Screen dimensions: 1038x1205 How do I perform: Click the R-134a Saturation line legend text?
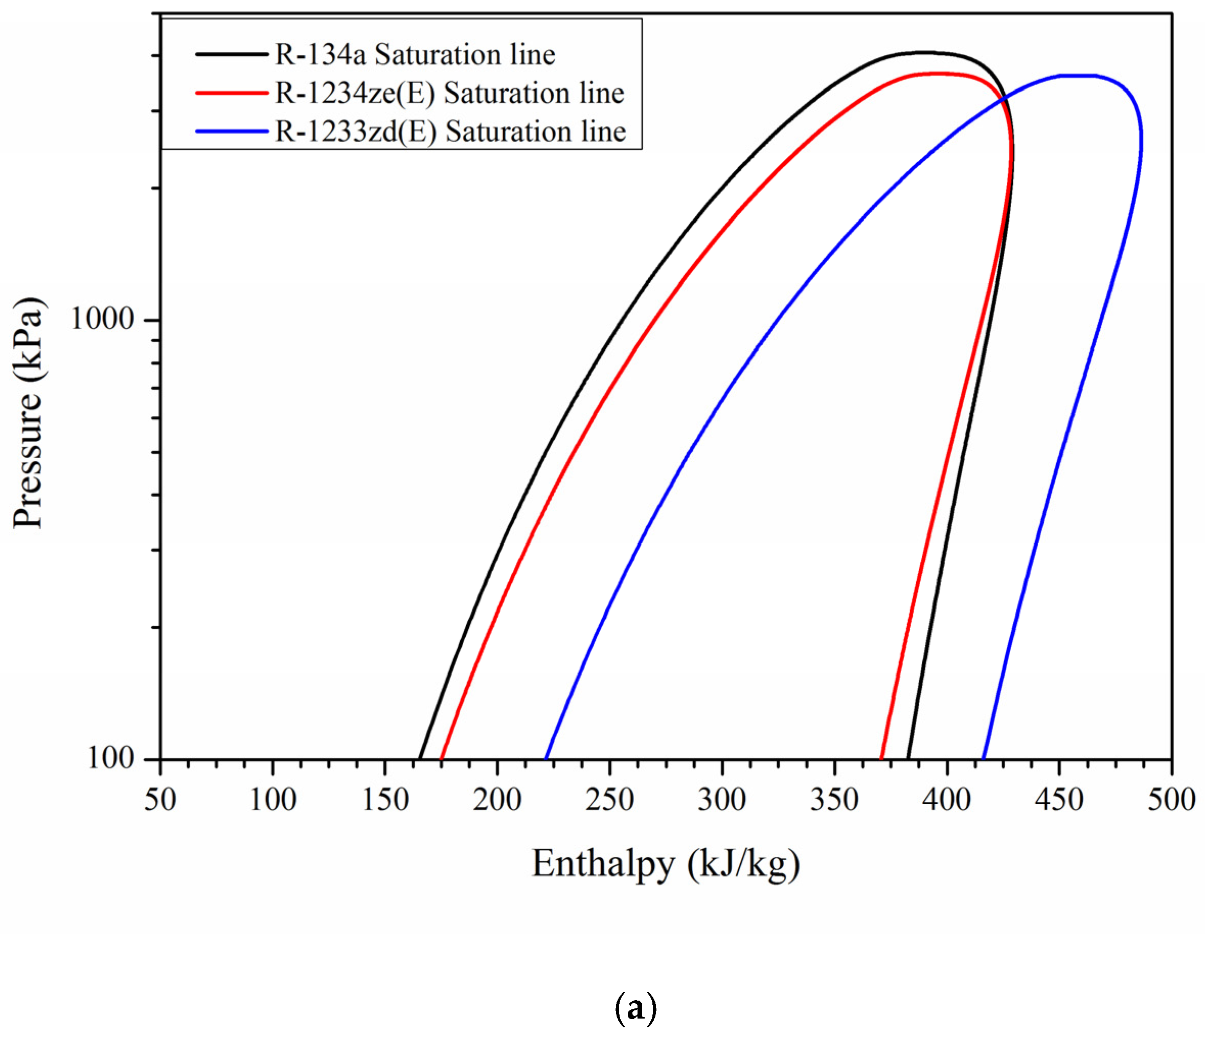tap(415, 55)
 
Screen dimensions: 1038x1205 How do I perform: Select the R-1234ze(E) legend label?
tap(449, 94)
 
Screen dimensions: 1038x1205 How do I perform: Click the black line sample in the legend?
tap(232, 55)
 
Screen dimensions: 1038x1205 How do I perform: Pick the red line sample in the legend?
tap(232, 93)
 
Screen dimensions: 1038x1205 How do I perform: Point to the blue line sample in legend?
tap(232, 131)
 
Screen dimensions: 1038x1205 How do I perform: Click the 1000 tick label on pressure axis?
tap(102, 319)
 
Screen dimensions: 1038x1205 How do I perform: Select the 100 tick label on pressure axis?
tap(111, 758)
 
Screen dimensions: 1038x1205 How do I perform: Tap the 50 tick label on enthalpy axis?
tap(160, 800)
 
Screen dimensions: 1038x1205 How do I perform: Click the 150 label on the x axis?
tap(385, 800)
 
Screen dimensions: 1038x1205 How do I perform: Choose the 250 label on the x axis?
tap(609, 800)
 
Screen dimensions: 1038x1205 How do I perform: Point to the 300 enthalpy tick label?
tap(722, 800)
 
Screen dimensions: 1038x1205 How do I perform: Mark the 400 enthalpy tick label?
tap(947, 800)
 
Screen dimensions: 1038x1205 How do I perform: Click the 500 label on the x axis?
tap(1171, 800)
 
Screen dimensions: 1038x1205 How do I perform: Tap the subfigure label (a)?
tap(635, 1010)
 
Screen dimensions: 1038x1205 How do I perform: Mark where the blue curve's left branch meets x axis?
tap(546, 758)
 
